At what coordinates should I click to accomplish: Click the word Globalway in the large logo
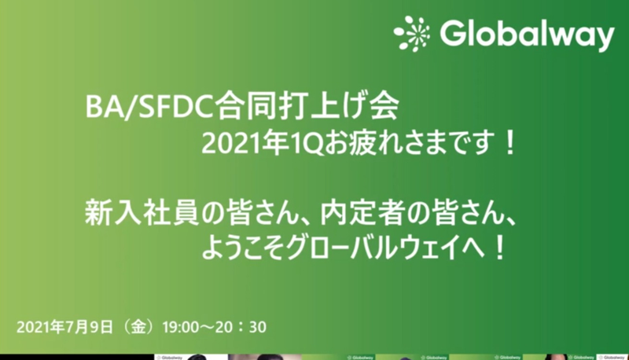(x=527, y=35)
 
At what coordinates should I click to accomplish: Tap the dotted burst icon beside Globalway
(x=411, y=34)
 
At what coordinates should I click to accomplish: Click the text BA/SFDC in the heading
(x=149, y=107)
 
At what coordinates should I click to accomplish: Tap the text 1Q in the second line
(x=307, y=144)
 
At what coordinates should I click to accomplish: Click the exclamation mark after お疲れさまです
(x=510, y=144)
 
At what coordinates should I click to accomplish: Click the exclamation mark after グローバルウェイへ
(x=499, y=248)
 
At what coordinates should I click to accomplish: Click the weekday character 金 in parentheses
(x=138, y=327)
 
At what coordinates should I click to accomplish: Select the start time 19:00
(x=181, y=328)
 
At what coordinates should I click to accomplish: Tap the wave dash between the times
(x=207, y=328)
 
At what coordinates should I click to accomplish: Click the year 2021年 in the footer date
(x=41, y=327)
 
